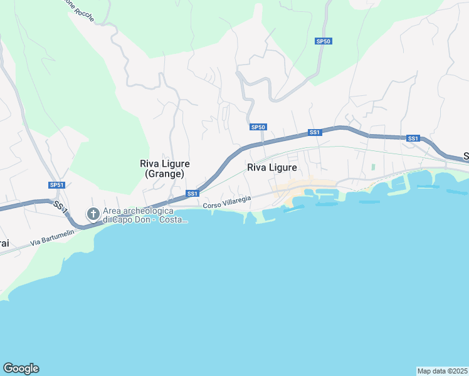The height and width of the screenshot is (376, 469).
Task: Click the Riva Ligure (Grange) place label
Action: (165, 169)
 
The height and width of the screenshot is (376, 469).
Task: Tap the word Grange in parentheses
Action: (165, 174)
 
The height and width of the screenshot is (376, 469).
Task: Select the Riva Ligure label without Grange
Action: (271, 167)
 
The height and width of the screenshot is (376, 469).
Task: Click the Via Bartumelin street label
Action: (53, 238)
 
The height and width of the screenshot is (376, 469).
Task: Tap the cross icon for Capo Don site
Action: (93, 214)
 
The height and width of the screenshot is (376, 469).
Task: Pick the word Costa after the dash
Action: (173, 220)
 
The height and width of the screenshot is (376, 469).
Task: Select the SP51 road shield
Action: (57, 185)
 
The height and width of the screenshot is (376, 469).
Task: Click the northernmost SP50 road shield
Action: (323, 41)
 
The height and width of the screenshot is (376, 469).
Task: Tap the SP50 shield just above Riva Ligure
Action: (258, 127)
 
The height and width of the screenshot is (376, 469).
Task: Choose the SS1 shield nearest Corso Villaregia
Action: (192, 193)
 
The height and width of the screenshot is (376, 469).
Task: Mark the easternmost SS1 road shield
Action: (413, 138)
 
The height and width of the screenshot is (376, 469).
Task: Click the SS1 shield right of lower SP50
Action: (315, 132)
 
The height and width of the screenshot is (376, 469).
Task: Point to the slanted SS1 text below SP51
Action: (59, 206)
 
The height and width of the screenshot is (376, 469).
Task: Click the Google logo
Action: (21, 368)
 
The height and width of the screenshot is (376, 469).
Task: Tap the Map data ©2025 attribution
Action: (442, 371)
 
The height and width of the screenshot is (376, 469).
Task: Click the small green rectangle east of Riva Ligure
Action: (373, 167)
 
